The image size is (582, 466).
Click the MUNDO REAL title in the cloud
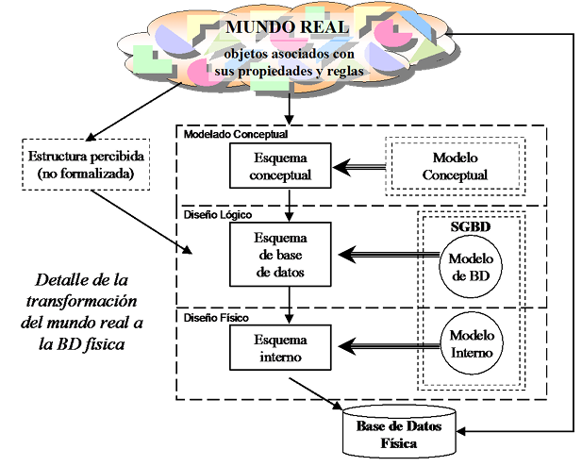[288, 27]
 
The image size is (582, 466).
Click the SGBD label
[471, 226]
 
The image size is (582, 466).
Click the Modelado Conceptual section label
[236, 134]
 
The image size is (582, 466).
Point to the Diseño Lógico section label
[218, 215]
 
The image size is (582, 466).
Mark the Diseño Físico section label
[216, 318]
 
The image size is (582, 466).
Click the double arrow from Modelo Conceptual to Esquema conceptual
[359, 167]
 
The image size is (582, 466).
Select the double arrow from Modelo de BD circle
[389, 255]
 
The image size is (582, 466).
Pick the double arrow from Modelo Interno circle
[390, 346]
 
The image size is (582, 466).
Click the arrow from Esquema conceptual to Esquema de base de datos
[290, 206]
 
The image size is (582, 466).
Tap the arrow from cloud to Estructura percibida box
[134, 111]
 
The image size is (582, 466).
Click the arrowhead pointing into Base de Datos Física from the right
[461, 431]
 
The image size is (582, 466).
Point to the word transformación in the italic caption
[82, 301]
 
